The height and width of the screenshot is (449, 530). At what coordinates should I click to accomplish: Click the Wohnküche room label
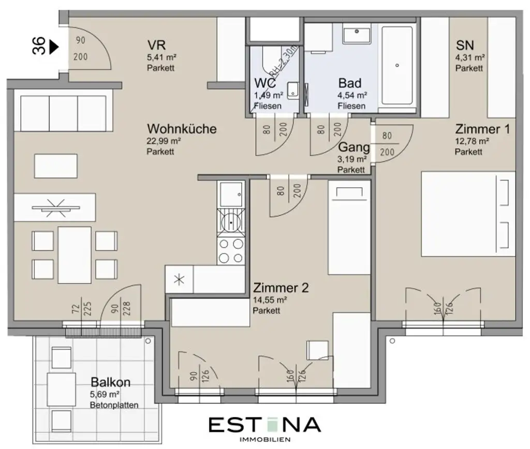coord(181,129)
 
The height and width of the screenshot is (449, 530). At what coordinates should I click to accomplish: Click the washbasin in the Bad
coord(357,36)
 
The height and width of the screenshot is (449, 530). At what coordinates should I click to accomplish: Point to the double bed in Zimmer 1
coord(468,214)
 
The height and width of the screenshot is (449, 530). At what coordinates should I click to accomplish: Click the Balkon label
coord(110,383)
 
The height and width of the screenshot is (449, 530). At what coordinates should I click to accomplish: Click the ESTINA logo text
coord(264,425)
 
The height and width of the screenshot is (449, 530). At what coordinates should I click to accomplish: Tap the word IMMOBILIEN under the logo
coord(264,440)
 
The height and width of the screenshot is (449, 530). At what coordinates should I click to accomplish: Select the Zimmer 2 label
coord(281,288)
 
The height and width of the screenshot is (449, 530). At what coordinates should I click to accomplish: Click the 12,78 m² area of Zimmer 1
coord(472,141)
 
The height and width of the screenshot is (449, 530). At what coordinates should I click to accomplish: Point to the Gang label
coord(354,147)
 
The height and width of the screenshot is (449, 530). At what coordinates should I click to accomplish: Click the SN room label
coord(464,45)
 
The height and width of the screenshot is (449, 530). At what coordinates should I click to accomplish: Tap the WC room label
coord(264,83)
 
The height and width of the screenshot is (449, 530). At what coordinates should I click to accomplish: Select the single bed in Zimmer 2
coord(349,228)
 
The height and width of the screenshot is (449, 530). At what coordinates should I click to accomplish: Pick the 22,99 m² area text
coord(164,141)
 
